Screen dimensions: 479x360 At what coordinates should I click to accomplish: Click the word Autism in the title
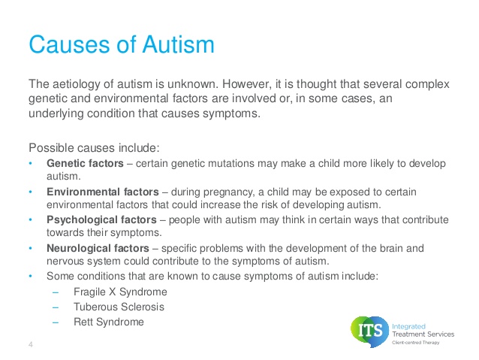tap(178, 44)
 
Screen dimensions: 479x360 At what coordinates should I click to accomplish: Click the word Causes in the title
tap(69, 44)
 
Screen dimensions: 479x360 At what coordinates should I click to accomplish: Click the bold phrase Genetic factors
tap(85, 163)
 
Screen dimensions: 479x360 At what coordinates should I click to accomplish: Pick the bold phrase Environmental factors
tap(103, 192)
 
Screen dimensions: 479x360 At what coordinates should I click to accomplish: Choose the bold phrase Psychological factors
tap(101, 220)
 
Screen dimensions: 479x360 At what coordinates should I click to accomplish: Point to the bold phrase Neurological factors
tap(98, 248)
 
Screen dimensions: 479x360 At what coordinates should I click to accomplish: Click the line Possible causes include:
tap(94, 148)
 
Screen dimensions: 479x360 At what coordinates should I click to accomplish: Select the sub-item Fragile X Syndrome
tap(120, 292)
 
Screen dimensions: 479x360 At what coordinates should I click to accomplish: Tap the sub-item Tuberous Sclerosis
tap(119, 307)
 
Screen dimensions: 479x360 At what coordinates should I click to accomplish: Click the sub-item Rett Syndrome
tap(109, 322)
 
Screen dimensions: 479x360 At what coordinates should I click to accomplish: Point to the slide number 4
tap(31, 345)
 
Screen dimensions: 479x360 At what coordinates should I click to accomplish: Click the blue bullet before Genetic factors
tap(30, 163)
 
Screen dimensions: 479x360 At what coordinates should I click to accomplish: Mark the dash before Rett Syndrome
tap(56, 322)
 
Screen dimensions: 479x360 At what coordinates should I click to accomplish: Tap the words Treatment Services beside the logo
tap(423, 334)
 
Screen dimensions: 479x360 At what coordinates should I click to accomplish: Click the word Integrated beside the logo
tap(408, 327)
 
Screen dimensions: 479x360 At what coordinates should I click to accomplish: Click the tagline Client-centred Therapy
tap(416, 342)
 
